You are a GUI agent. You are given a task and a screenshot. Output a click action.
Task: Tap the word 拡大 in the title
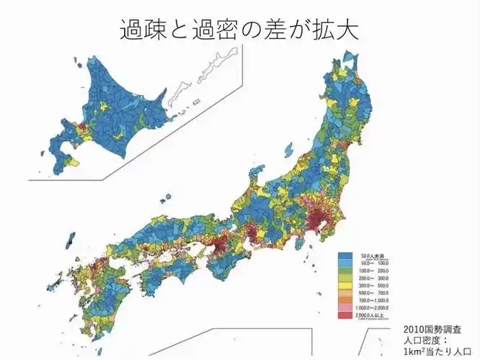click(335, 30)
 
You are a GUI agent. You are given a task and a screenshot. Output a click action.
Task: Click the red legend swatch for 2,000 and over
click(345, 315)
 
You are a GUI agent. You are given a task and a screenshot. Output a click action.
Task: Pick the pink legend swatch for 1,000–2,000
click(345, 307)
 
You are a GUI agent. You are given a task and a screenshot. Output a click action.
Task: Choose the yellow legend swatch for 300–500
click(345, 285)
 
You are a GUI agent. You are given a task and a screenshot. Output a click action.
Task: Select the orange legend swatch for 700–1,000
click(345, 300)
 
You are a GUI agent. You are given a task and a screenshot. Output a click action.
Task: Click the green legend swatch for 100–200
click(345, 271)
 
